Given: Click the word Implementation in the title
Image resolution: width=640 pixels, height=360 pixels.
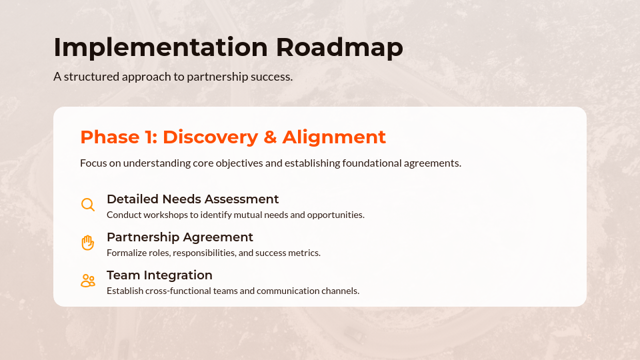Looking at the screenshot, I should coord(160,48).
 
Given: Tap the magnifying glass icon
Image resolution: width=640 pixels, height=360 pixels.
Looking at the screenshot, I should coord(87,205).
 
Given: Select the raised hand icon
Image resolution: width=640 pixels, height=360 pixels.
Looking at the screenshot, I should coord(87,243).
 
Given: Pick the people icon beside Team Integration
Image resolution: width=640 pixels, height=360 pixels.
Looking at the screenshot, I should coord(87,281).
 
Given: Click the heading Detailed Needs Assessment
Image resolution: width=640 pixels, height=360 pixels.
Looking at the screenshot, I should coord(193,199).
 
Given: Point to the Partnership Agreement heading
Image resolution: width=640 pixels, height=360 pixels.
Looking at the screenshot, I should coord(180,237).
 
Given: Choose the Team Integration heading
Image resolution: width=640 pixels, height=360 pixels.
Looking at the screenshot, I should coord(159,275).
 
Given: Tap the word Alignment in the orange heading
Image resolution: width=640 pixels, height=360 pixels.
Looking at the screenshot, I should coord(334,137).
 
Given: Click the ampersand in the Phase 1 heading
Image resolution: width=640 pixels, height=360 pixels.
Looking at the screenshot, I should coord(270,137).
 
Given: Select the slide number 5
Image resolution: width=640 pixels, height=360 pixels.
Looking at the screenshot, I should coord(589,339).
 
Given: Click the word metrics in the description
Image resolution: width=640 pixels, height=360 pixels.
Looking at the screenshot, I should coord(305,253).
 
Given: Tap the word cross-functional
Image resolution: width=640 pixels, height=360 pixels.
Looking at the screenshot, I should coord(184,291).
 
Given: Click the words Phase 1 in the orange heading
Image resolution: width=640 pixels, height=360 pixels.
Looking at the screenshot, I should coord(118,137).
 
